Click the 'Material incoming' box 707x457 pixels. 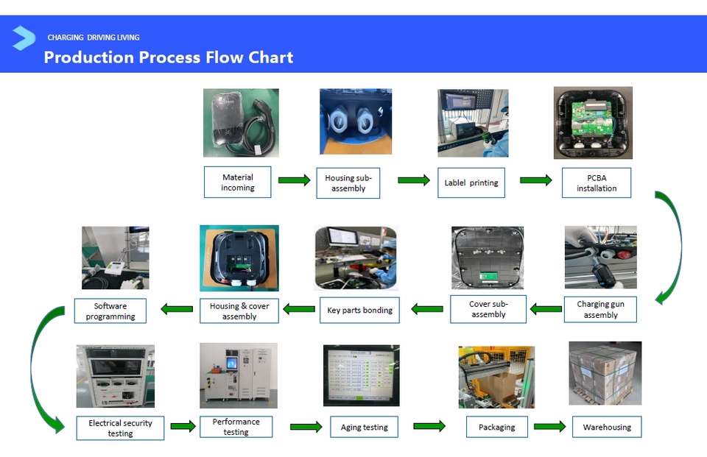[x=238, y=182]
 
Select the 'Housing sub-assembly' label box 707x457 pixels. [x=348, y=183]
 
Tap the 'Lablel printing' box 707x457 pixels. [x=471, y=183]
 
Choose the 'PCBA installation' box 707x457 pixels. [x=597, y=183]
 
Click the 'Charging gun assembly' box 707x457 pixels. [x=600, y=309]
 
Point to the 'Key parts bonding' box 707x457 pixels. [x=359, y=310]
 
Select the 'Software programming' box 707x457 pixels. [x=110, y=311]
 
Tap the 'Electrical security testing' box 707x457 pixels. [x=120, y=428]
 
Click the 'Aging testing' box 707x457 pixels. [x=364, y=427]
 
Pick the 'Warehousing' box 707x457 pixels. [x=607, y=427]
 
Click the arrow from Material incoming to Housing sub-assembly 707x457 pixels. [x=294, y=180]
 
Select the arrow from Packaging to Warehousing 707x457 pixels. [x=549, y=426]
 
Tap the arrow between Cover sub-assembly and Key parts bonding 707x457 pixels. [x=427, y=309]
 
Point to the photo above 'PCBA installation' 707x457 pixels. [x=593, y=123]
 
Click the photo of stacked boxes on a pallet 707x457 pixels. [x=605, y=373]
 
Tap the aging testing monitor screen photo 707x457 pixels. [x=361, y=375]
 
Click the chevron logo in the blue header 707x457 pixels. [x=24, y=38]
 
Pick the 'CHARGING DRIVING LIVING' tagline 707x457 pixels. [x=94, y=38]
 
